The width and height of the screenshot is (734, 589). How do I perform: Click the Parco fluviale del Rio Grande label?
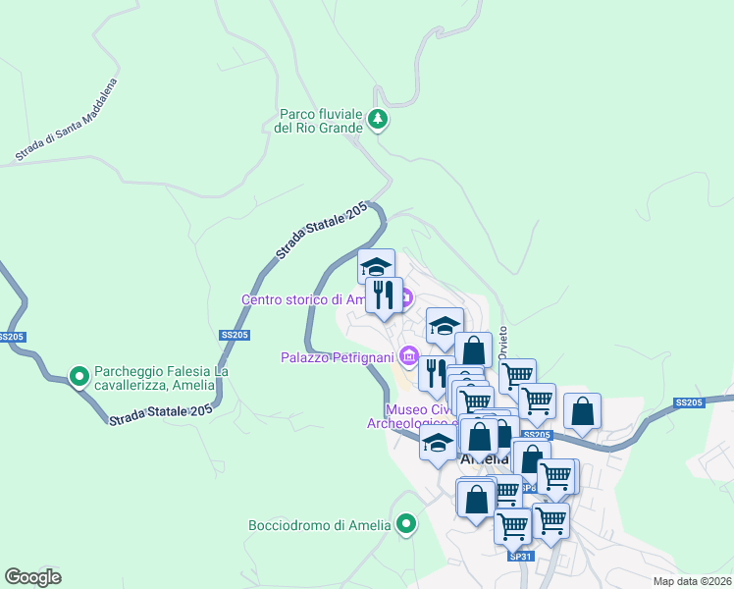320,121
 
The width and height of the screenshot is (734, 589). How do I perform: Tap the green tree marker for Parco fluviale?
378,121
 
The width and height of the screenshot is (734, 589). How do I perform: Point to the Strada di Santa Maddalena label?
66,121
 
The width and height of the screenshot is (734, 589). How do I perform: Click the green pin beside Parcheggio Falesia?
79,375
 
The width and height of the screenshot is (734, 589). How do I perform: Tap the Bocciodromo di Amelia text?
320,525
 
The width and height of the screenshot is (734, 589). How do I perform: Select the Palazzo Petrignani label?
338,356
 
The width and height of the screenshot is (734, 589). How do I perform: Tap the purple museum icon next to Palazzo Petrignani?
409,355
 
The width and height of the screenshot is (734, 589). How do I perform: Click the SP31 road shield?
520,556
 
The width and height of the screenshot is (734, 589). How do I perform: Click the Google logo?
33,576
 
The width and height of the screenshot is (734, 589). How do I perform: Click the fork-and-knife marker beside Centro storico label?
384,294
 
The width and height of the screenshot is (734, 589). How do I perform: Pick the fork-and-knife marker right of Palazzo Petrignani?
436,371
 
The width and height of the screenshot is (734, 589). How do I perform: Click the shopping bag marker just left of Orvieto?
473,348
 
